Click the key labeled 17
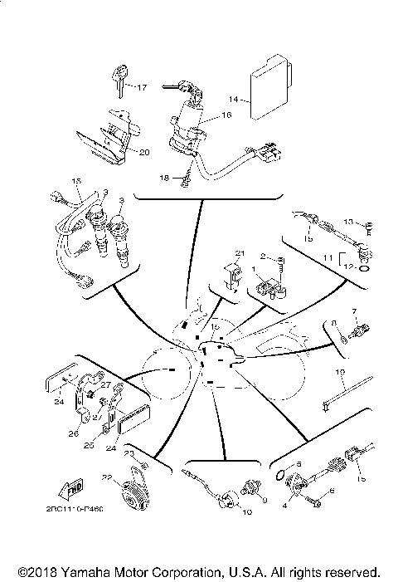(x=117, y=81)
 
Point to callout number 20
(x=143, y=152)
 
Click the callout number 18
(x=163, y=178)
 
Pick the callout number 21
(x=240, y=253)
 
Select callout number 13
(x=349, y=223)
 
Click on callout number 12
(x=349, y=267)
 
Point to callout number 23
(x=129, y=453)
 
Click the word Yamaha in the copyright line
(x=94, y=572)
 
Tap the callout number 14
(x=234, y=100)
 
